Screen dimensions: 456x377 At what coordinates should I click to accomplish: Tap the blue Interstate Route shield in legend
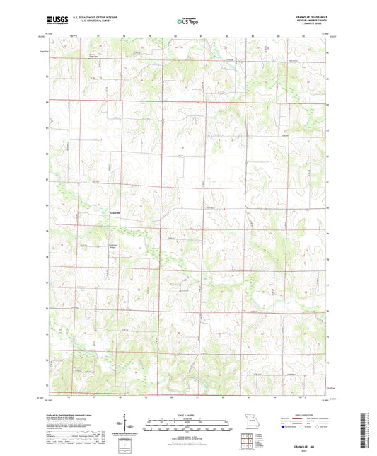coord(285,427)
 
